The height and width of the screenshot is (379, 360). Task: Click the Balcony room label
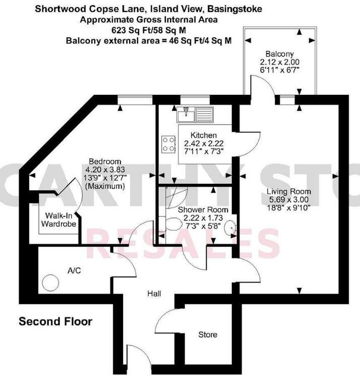[279, 54]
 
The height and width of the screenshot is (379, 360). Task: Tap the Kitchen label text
[203, 135]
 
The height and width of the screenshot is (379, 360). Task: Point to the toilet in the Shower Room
[174, 224]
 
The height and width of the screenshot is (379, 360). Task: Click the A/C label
[74, 270]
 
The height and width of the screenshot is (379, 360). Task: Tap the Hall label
[154, 293]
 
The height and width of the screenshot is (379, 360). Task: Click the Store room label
[207, 334]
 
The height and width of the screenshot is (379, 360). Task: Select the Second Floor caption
[55, 321]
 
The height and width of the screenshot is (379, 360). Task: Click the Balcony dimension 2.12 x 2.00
[279, 62]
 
